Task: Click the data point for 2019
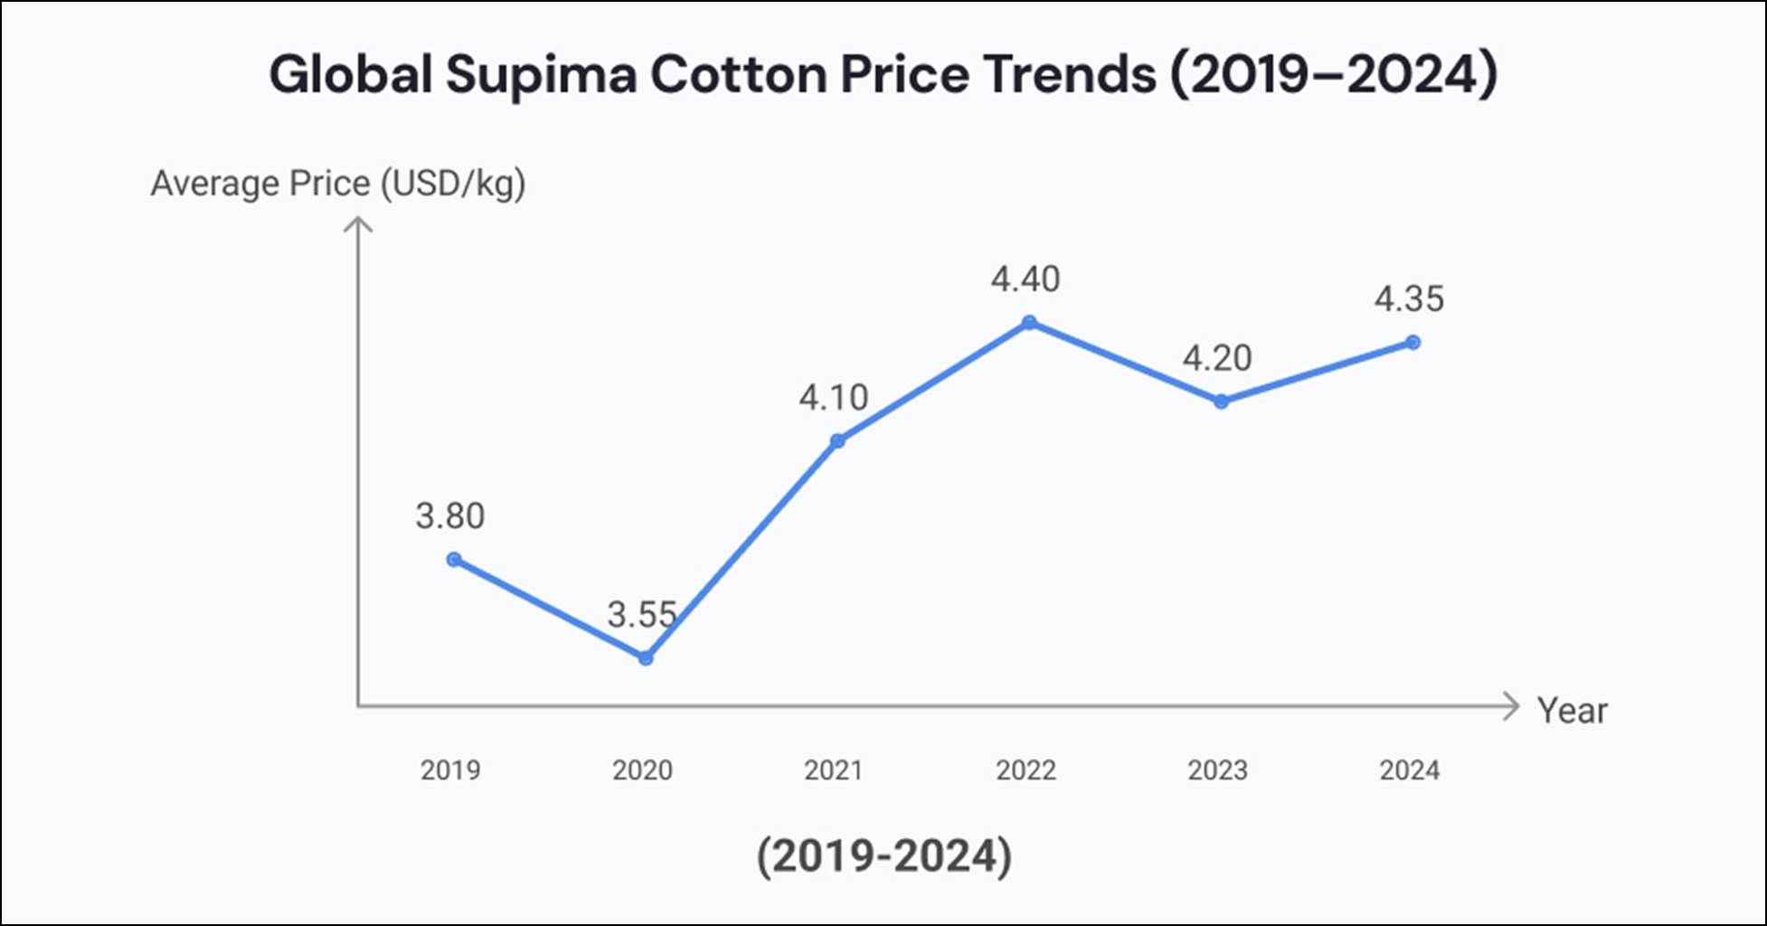point(454,560)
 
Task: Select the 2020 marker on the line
point(645,658)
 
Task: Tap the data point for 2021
point(837,441)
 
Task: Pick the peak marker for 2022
point(1029,323)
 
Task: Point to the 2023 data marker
point(1221,402)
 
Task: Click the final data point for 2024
point(1413,343)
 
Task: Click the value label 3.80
point(450,516)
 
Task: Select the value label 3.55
point(641,615)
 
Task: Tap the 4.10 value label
point(833,398)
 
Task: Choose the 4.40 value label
point(1025,279)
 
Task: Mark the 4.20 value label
point(1217,359)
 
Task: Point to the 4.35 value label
point(1409,299)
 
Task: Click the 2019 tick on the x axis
point(450,770)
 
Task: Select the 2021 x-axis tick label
point(833,770)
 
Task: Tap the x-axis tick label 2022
point(1025,770)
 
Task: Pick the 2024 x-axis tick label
point(1409,770)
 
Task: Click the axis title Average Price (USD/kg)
point(337,184)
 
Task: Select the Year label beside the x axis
point(1572,711)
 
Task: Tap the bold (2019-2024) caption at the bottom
point(883,855)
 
